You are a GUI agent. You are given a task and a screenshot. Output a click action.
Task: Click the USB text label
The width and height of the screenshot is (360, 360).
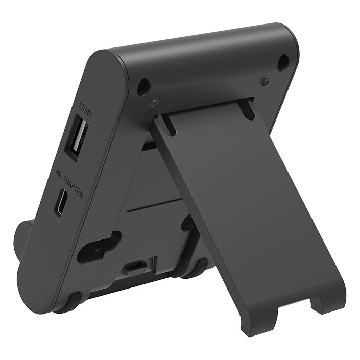85,108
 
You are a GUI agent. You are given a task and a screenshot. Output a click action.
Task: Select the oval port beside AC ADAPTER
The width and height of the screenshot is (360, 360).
61,202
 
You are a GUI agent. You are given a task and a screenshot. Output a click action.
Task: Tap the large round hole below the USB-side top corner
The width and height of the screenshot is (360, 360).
143,87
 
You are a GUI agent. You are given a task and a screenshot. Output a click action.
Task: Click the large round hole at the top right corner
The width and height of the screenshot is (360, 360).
283,62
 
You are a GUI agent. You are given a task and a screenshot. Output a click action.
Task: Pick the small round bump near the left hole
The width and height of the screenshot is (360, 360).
153,103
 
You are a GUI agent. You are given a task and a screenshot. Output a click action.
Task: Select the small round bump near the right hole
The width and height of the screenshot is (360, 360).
265,82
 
